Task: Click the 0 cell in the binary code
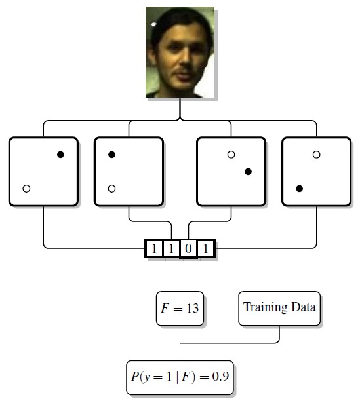188,248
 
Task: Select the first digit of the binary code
154,248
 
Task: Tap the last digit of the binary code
205,248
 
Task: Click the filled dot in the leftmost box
60,155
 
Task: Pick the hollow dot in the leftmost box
26,189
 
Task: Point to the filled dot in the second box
111,155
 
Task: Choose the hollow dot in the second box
111,189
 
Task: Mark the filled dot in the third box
248,172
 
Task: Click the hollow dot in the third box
231,155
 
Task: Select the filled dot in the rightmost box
299,189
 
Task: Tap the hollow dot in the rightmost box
317,155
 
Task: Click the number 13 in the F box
193,308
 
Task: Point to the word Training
266,307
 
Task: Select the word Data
304,307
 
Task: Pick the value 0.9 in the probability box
220,377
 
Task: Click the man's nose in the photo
185,60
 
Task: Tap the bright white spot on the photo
153,24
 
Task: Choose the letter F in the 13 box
165,308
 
